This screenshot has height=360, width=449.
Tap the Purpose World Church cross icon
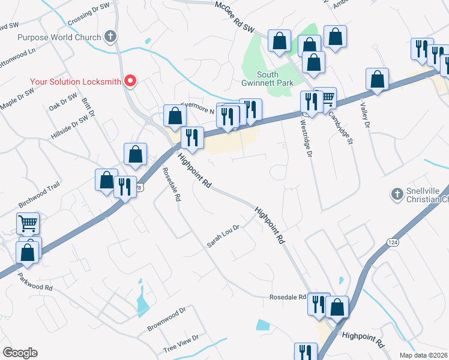pos(109,37)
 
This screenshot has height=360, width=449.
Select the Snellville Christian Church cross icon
pos(396,194)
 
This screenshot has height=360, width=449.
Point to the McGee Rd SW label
pos(235,16)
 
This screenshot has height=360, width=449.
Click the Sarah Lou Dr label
pos(223,236)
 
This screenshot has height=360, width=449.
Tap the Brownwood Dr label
pos(167,321)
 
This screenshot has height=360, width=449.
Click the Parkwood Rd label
pos(35,280)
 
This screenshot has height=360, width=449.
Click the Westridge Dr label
pos(306,138)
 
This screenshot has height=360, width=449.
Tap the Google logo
pos(20,353)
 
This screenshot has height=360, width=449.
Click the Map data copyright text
pos(424,355)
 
